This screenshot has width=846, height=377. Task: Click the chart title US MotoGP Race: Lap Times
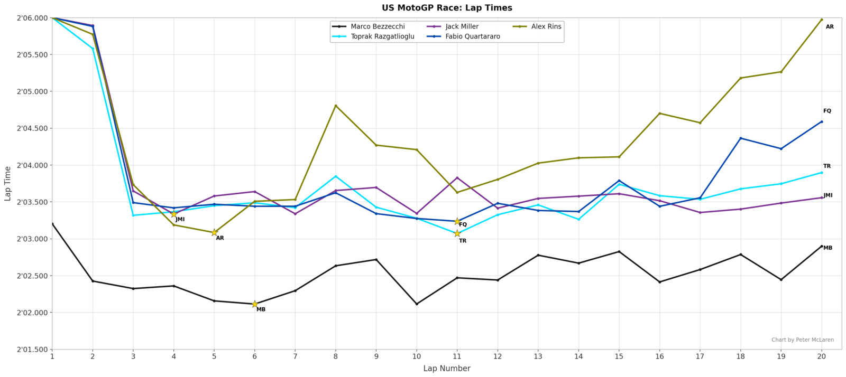pyautogui.click(x=447, y=8)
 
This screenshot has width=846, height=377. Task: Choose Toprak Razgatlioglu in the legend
pyautogui.click(x=382, y=36)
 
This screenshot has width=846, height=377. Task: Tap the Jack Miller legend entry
pyautogui.click(x=462, y=26)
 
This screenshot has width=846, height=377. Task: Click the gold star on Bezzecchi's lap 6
pyautogui.click(x=255, y=304)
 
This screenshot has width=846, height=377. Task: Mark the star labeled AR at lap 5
pyautogui.click(x=214, y=232)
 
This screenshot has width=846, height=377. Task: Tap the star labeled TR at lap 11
pyautogui.click(x=457, y=233)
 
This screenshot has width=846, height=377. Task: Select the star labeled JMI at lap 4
pyautogui.click(x=174, y=214)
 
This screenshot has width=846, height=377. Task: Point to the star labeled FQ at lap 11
pyautogui.click(x=457, y=221)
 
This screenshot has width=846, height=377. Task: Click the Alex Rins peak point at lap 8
pyautogui.click(x=336, y=106)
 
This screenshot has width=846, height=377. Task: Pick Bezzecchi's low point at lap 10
pyautogui.click(x=417, y=304)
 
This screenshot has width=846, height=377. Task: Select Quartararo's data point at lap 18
pyautogui.click(x=741, y=138)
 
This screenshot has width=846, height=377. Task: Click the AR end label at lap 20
pyautogui.click(x=830, y=27)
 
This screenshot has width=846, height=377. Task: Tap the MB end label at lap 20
pyautogui.click(x=827, y=248)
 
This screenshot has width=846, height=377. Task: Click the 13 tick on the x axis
pyautogui.click(x=538, y=356)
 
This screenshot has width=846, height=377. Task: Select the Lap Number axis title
pyautogui.click(x=447, y=369)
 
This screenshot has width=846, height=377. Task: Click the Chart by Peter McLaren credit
pyautogui.click(x=802, y=340)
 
